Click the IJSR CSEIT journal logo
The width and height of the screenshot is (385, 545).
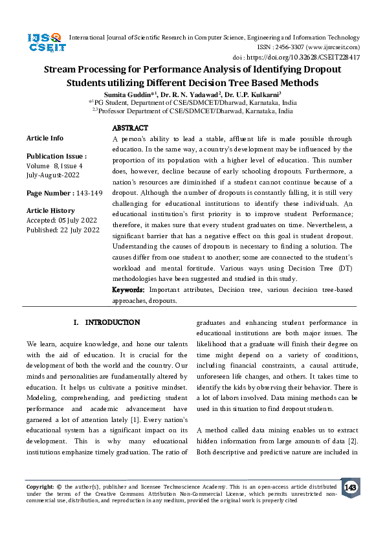(44, 43)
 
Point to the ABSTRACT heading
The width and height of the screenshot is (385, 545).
(130, 128)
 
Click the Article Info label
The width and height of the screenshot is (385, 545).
(45, 139)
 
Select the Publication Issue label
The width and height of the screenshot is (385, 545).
(56, 157)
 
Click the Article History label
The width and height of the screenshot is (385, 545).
(50, 211)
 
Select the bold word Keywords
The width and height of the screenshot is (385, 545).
(129, 290)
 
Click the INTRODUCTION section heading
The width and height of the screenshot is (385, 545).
(112, 322)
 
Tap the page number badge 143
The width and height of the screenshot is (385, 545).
(350, 487)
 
